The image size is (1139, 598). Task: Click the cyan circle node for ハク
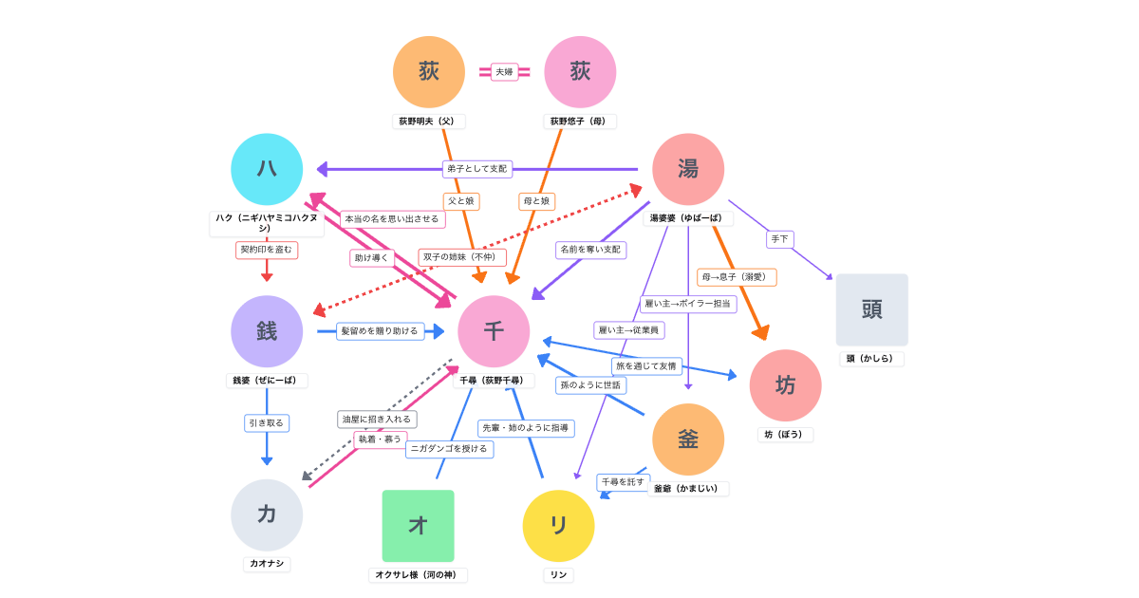click(x=267, y=170)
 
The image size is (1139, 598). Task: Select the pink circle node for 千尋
click(x=494, y=331)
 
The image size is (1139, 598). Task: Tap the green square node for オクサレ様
click(x=418, y=526)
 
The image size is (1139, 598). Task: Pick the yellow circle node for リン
click(x=558, y=526)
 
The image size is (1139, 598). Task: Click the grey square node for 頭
click(x=871, y=309)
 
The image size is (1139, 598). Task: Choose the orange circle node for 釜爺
click(x=688, y=439)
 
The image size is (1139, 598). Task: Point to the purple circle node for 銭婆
click(x=267, y=331)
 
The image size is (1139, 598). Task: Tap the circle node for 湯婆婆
click(x=688, y=170)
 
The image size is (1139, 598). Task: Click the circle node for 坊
click(x=785, y=385)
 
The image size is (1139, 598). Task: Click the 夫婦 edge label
click(x=504, y=72)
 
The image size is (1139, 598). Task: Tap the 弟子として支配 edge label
click(x=477, y=169)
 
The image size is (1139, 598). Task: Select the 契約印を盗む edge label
click(x=267, y=250)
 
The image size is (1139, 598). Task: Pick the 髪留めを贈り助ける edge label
click(x=380, y=331)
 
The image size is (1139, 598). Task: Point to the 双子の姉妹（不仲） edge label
click(x=462, y=257)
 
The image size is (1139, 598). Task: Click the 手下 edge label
click(x=779, y=239)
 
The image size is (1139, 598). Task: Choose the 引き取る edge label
click(x=267, y=422)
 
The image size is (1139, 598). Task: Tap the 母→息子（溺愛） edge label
click(x=737, y=277)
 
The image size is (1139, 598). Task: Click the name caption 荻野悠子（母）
click(x=580, y=121)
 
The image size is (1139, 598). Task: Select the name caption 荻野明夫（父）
click(x=428, y=121)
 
